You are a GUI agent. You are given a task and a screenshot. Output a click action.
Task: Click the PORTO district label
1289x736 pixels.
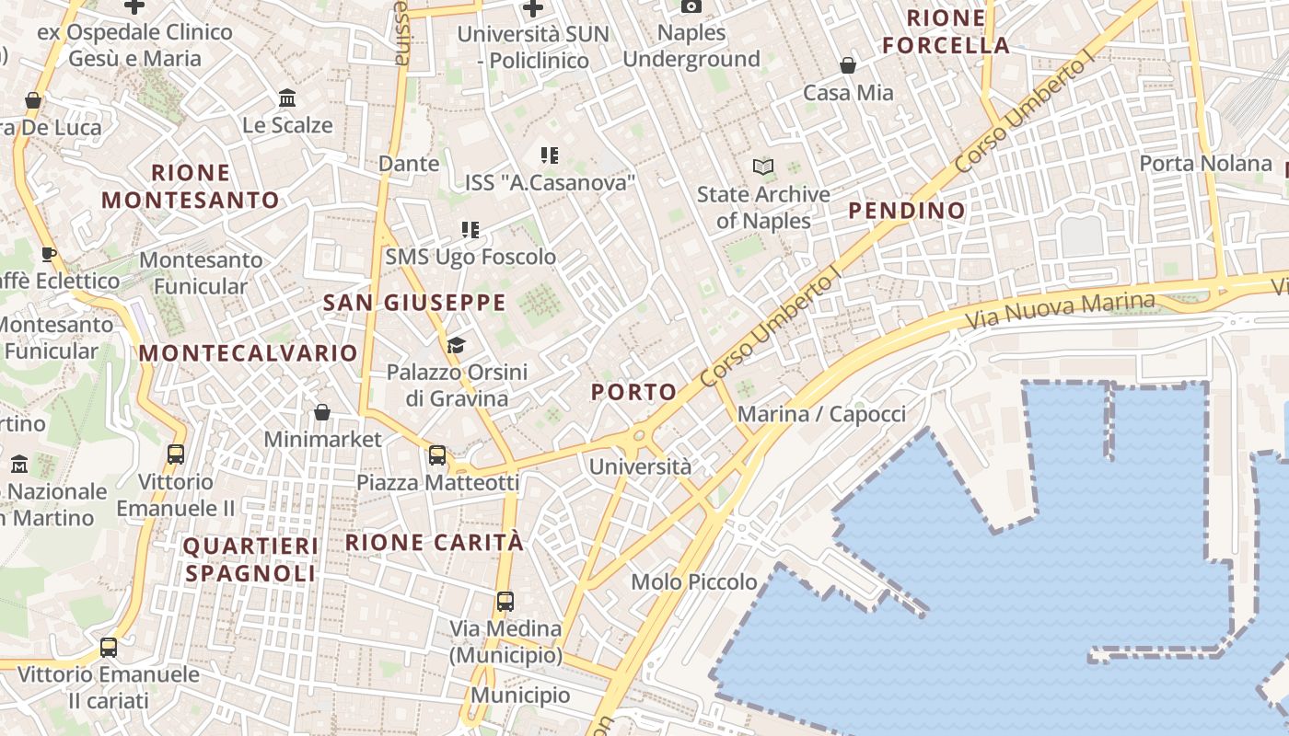coord(633,392)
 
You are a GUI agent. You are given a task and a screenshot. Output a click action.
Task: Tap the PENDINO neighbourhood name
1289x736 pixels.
coord(907,211)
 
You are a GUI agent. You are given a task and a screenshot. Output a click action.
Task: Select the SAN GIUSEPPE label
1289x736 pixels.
coord(414,303)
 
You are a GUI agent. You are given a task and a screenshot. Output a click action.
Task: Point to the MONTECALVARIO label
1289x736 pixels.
coord(248,353)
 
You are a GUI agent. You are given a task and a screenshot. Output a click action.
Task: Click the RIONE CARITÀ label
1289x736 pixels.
coord(435,543)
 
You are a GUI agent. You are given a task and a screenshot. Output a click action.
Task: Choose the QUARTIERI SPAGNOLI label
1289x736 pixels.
coord(250,559)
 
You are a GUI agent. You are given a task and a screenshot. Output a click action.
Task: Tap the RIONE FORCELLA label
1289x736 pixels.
coord(946,31)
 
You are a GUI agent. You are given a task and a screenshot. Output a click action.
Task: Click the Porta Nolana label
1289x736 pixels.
coord(1205,164)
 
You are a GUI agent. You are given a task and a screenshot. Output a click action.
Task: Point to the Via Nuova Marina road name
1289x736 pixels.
coord(1061,312)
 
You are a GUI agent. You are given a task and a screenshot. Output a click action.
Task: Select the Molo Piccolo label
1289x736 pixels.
coord(694,581)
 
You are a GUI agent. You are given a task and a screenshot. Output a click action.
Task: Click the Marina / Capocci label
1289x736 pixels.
coord(821,414)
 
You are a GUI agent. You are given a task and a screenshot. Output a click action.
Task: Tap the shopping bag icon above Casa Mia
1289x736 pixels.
coord(848,65)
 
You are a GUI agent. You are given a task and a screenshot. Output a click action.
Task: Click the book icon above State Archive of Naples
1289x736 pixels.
coord(763,167)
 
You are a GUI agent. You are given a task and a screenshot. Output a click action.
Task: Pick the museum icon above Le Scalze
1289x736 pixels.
coord(287,98)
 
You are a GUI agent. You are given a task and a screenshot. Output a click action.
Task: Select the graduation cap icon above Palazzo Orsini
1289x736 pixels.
coord(456,345)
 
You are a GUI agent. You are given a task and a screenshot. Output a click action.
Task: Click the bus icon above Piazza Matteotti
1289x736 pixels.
coord(437,454)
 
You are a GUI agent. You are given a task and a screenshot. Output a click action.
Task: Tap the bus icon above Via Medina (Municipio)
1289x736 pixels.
coord(505,602)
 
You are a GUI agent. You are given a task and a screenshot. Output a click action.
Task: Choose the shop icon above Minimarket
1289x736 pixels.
coord(322,412)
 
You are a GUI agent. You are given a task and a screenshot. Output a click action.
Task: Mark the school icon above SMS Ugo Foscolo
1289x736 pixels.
coord(470,229)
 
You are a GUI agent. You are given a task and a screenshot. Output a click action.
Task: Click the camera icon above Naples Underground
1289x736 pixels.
coord(691,6)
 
